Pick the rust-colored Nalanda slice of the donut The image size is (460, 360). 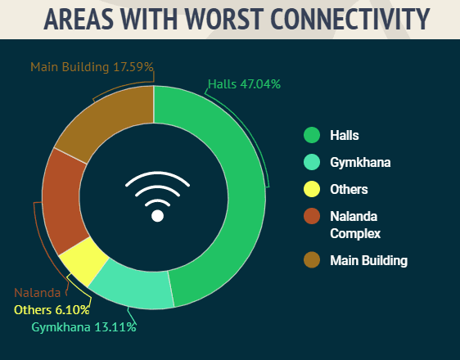point(65,202)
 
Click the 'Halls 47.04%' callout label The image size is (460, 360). point(244,84)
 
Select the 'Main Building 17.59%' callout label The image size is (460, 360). point(92,67)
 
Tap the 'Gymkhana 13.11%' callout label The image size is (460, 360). point(84,327)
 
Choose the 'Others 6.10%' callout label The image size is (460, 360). point(52,310)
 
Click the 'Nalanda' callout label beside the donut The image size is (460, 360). point(38,293)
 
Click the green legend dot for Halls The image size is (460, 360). point(312,135)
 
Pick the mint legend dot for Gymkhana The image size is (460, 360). point(312,162)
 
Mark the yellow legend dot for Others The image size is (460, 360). point(312,189)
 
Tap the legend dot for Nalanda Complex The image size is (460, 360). point(312,216)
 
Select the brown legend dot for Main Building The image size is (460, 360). point(312,259)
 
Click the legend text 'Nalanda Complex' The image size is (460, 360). point(355,225)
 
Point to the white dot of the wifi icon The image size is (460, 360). point(157,216)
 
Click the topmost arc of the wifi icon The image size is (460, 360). point(157,179)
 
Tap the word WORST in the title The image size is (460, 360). point(223,19)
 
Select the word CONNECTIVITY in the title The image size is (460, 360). point(350,19)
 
